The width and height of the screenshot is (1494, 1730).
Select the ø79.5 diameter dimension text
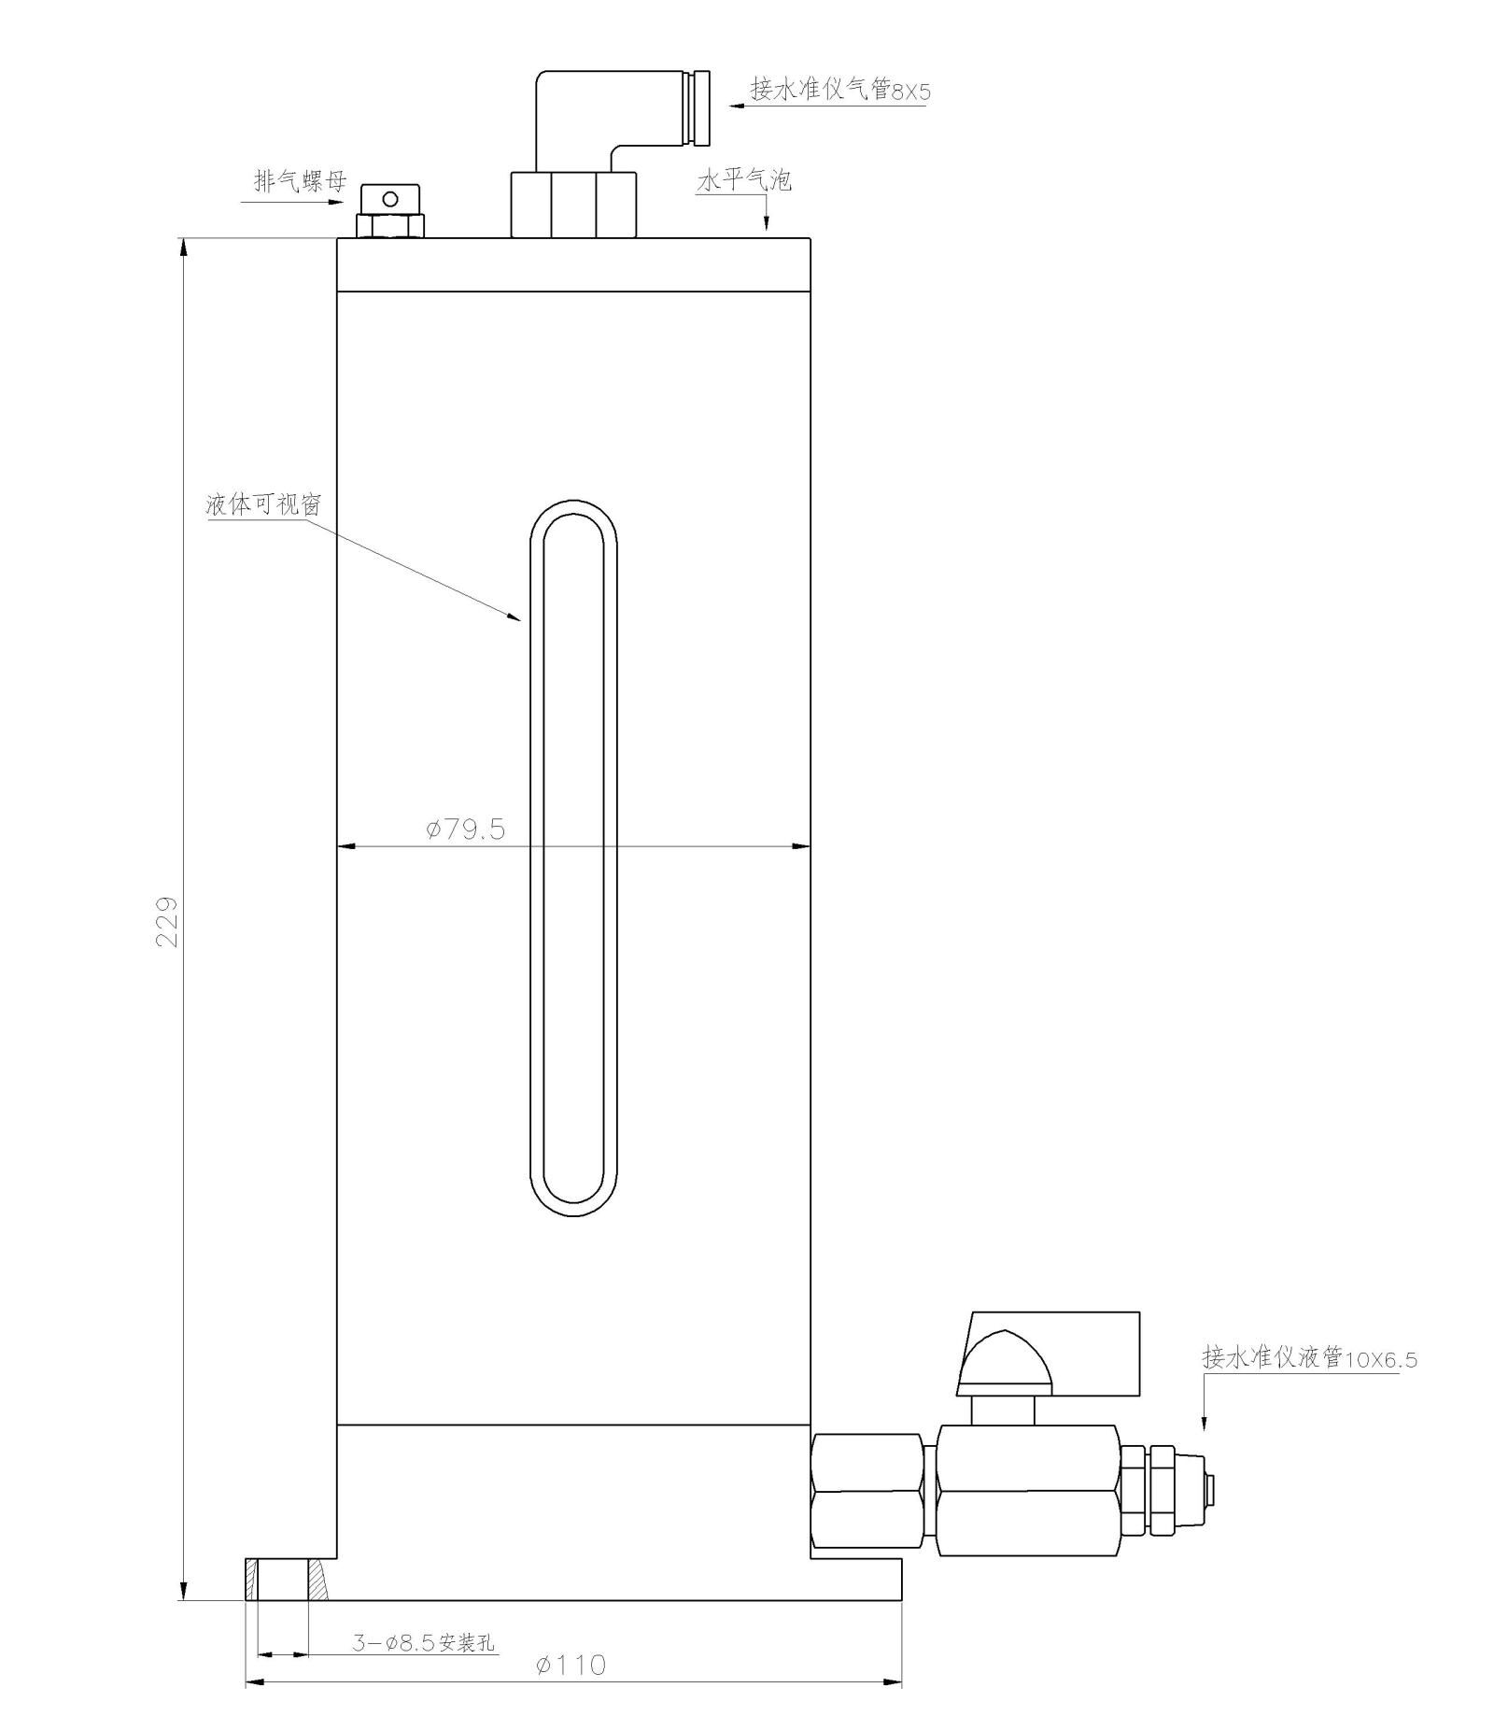(x=465, y=829)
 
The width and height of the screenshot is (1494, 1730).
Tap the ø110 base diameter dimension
(x=571, y=1664)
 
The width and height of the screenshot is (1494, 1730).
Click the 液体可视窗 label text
(x=263, y=504)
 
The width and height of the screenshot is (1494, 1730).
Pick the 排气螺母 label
(x=301, y=180)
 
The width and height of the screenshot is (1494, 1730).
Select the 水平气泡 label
(x=744, y=179)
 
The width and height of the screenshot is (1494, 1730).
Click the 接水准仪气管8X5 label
(x=841, y=90)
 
